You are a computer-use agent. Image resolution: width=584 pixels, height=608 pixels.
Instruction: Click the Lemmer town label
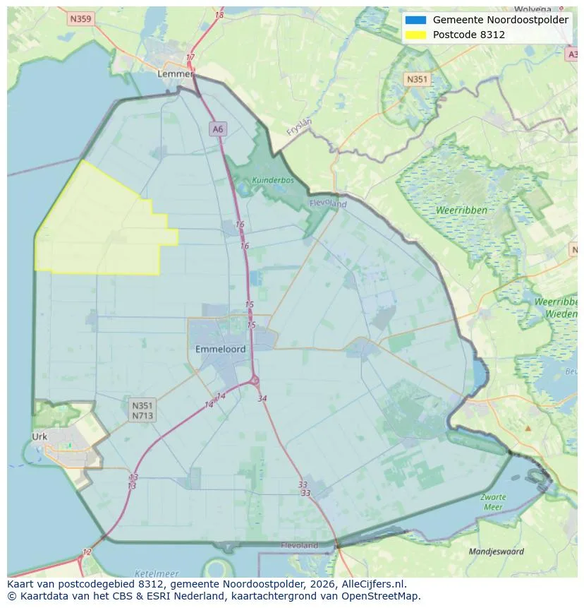176,73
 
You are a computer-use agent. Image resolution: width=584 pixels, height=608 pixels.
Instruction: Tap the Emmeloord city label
221,349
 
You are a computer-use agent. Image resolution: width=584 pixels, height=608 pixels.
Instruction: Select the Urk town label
39,436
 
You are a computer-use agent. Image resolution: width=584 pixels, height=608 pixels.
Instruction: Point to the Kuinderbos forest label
273,180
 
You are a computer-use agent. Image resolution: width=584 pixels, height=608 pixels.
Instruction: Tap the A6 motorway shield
217,129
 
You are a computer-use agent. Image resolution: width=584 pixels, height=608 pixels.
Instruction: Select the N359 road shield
80,19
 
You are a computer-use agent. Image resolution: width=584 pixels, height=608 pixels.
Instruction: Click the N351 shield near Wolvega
417,79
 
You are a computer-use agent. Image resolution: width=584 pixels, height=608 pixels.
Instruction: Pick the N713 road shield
142,416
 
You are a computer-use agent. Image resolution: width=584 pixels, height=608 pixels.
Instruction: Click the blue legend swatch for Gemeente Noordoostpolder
416,20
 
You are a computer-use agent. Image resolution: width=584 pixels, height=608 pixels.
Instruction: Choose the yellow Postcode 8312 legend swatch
416,35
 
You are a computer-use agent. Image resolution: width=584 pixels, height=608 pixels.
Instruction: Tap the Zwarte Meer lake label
493,502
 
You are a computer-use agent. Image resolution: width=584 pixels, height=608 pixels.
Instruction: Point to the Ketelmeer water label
156,573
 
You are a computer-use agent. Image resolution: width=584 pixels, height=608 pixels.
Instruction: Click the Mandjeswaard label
497,552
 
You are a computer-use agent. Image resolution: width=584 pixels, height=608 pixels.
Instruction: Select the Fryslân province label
299,126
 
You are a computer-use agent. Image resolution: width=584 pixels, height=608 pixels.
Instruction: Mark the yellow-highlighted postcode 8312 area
99,226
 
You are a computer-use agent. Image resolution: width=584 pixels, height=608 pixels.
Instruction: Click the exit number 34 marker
262,399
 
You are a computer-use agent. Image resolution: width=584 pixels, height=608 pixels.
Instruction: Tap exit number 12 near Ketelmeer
87,552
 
